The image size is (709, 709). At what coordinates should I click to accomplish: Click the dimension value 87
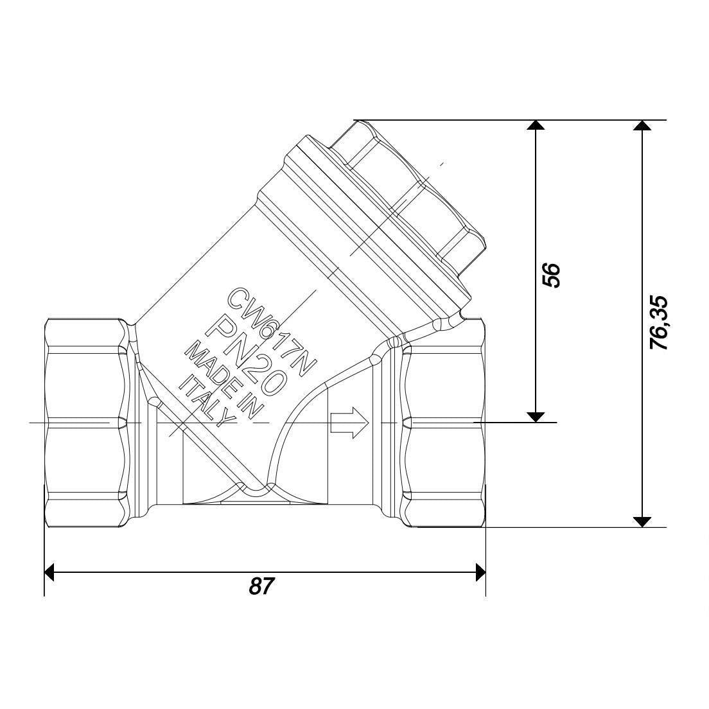click(x=261, y=586)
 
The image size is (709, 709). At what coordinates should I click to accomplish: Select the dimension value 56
click(x=551, y=275)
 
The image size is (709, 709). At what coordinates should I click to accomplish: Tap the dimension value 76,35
click(x=658, y=322)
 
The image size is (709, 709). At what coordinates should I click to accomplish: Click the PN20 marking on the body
click(x=247, y=357)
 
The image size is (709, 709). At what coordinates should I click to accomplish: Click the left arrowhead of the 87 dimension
click(x=49, y=572)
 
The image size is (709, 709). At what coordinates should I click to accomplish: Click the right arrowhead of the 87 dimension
click(x=480, y=572)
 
